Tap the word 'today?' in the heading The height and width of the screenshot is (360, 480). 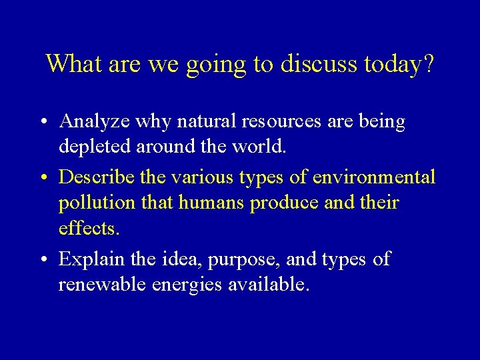[x=399, y=65]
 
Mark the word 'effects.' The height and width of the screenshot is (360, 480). [x=89, y=228]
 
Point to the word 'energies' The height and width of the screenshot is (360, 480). [x=189, y=285]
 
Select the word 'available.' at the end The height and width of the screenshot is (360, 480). [x=269, y=284]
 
